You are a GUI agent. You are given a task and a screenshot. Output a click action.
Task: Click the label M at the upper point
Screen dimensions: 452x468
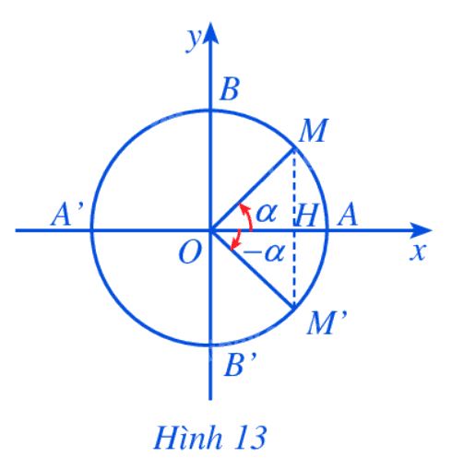point(313,131)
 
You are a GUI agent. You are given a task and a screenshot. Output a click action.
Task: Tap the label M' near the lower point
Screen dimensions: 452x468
point(327,322)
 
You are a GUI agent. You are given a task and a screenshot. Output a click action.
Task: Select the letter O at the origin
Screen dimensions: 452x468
point(191,252)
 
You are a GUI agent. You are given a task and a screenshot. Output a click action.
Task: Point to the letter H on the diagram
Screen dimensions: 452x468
point(306,215)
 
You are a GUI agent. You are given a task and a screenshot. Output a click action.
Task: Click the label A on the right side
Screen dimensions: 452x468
point(348,215)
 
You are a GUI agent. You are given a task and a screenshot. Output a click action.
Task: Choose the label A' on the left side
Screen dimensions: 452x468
point(66,214)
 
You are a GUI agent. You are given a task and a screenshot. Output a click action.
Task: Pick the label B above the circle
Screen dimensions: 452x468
point(230,89)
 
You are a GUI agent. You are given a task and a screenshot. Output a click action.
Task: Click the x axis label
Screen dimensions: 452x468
point(418,252)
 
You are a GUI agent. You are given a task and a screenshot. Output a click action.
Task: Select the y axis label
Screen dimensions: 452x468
point(194,40)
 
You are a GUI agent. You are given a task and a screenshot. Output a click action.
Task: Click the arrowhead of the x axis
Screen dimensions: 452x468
point(422,230)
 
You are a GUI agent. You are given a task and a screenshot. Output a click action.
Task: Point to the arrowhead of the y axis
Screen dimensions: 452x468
point(210,33)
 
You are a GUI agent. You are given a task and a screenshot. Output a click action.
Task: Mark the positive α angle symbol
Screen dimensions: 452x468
point(267,213)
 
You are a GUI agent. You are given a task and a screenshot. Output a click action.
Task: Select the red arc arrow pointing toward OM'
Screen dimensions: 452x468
point(237,240)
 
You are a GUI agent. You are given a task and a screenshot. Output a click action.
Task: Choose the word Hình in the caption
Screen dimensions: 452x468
point(188,438)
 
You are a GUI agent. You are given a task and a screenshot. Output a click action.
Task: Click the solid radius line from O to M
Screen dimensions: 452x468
point(252,189)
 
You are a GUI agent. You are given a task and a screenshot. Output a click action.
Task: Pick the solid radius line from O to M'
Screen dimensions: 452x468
point(252,270)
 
